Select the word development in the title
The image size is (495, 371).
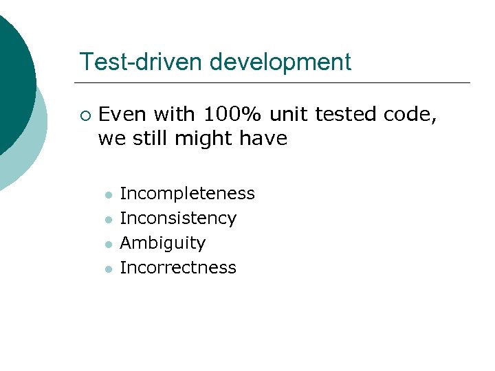(280, 63)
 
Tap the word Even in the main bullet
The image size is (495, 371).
(124, 114)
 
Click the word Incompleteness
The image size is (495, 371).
(187, 194)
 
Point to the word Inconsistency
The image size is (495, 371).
(178, 218)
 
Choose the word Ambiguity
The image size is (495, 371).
(163, 243)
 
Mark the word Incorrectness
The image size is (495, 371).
(178, 267)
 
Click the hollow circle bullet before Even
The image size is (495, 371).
(84, 115)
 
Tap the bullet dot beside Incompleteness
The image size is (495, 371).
(108, 195)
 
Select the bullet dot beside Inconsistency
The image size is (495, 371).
(108, 220)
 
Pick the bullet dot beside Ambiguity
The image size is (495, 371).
(108, 244)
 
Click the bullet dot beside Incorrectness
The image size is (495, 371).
(108, 269)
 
